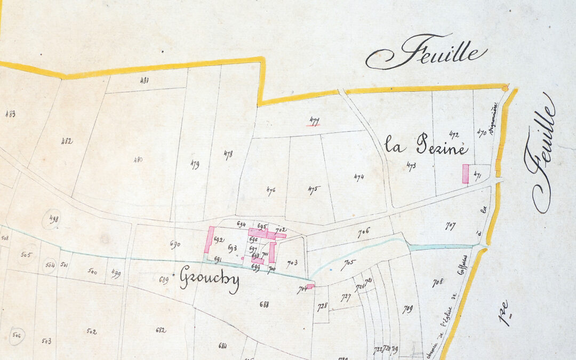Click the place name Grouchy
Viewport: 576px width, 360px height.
coord(209,278)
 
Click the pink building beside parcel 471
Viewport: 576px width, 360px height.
coord(465,174)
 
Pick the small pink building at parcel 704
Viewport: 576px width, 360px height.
coord(310,286)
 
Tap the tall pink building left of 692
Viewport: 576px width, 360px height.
coord(209,239)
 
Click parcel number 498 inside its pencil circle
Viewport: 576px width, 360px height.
coord(52,219)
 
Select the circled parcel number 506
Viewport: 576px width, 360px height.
coord(16,335)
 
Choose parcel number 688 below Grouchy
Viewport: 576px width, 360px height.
coord(263,305)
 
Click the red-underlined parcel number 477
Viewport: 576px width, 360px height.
coord(314,121)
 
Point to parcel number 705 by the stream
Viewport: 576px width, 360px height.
coord(349,262)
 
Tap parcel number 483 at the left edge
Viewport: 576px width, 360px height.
coord(10,114)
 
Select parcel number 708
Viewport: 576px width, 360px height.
coord(437,283)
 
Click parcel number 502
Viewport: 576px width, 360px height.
coord(91,331)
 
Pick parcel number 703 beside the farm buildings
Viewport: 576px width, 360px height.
coord(292,262)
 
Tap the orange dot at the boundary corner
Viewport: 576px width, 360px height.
coord(505,87)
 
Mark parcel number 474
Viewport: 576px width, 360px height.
coord(359,177)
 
